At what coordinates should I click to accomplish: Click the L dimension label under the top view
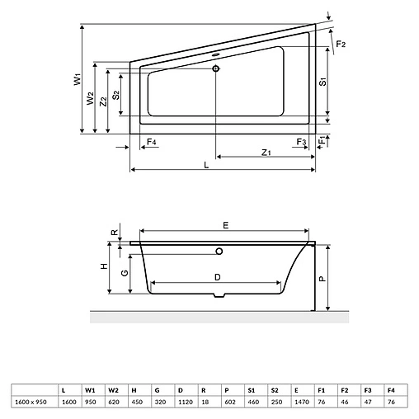[x=206, y=165]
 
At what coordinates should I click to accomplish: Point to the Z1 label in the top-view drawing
[x=265, y=152]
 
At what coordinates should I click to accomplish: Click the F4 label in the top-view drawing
[x=151, y=143]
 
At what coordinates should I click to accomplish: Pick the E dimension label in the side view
[x=225, y=224]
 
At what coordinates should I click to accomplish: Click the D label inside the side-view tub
[x=217, y=276]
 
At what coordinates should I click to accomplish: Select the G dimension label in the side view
[x=123, y=273]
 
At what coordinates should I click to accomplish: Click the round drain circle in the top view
[x=216, y=68]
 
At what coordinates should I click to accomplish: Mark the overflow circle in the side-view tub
[x=219, y=252]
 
